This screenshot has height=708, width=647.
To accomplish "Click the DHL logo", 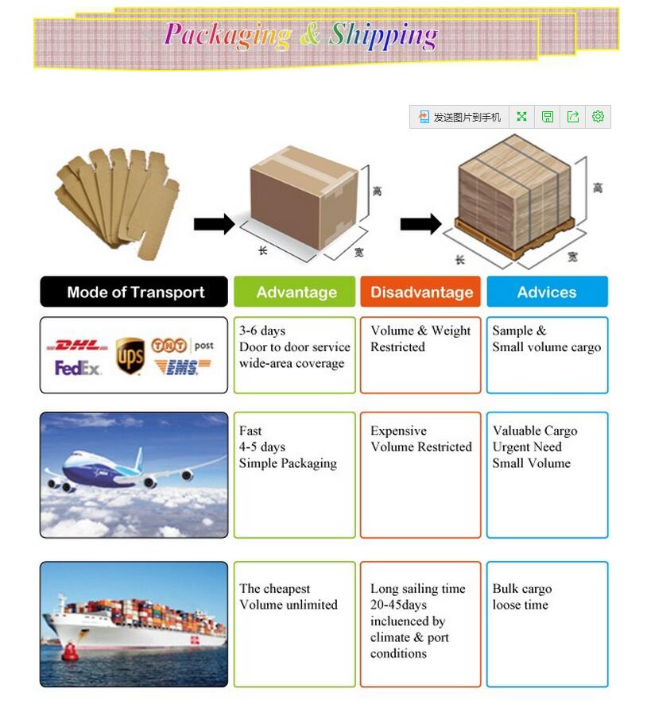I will click(x=77, y=346).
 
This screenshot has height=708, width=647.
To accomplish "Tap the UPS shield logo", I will click(x=130, y=354).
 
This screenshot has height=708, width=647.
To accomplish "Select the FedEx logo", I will click(x=78, y=368).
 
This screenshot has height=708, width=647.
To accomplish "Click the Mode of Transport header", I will click(x=135, y=292).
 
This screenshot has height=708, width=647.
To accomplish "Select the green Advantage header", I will click(x=296, y=292).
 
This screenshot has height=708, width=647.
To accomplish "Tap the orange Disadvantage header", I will click(x=421, y=292).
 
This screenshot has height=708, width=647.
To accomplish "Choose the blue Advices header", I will click(x=547, y=292).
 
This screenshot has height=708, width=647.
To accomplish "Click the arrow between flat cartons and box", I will click(x=214, y=224).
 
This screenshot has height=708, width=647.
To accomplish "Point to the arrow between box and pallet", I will click(x=420, y=224).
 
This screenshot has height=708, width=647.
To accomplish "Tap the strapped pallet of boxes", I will click(x=514, y=195).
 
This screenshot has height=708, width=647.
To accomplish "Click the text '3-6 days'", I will click(x=262, y=331).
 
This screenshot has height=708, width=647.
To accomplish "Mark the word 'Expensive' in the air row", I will click(x=398, y=431).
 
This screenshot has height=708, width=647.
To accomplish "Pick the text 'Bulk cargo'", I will click(x=521, y=589).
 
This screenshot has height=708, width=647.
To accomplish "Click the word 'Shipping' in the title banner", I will click(x=383, y=36).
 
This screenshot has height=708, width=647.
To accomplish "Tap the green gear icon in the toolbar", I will click(x=598, y=117).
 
